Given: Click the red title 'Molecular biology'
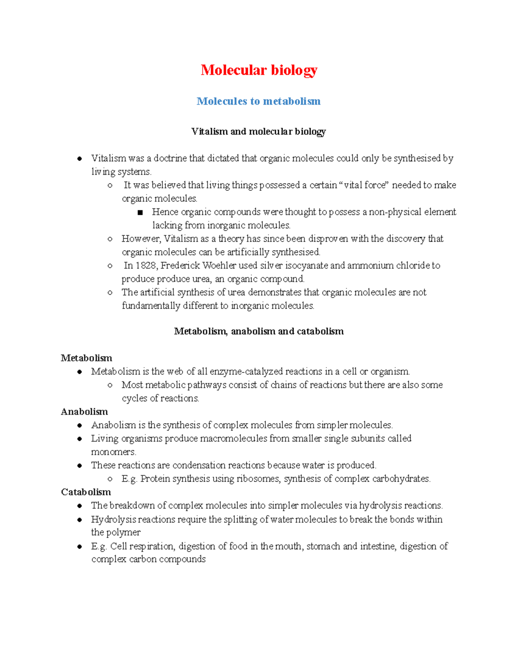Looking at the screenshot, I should tap(259, 70).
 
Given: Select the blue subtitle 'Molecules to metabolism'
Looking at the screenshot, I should tap(259, 101).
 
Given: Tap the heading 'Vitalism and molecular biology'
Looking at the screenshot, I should tap(259, 132).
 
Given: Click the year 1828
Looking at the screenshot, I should tap(146, 265).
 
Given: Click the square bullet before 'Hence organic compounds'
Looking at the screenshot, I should tap(140, 212).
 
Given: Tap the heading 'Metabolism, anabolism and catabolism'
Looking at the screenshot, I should tap(259, 331).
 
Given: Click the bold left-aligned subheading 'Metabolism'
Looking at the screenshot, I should tap(86, 358).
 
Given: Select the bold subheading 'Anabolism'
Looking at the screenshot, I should tap(84, 412).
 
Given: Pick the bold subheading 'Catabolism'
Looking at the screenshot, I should tap(86, 492).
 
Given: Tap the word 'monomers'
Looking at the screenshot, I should tap(113, 452).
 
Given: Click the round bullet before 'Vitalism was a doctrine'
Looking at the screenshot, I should tap(79, 159).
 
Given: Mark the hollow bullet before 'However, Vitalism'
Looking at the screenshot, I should tap(110, 239).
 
